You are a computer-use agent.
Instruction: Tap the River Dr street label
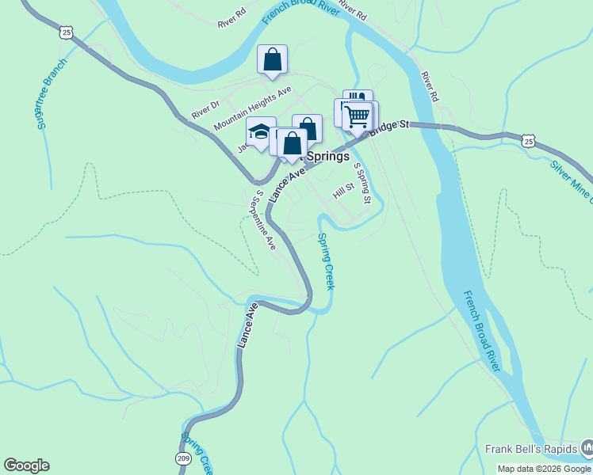click(205, 108)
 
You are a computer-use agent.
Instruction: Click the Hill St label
click(342, 190)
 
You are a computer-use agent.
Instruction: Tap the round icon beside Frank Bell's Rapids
click(587, 449)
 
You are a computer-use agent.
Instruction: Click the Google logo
click(26, 465)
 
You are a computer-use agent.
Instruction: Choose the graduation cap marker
click(260, 131)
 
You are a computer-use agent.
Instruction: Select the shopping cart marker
click(358, 116)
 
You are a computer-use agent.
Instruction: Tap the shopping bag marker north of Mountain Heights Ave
click(272, 59)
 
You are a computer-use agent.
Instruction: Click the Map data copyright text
click(544, 469)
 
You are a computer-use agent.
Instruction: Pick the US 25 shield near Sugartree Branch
click(66, 32)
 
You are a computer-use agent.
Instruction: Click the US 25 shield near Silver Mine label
click(530, 141)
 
